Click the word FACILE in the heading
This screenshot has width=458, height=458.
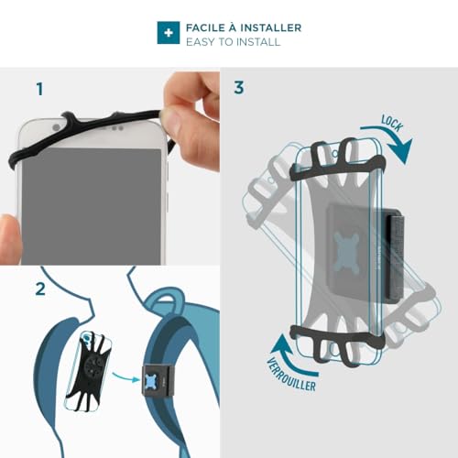pyautogui.click(x=207, y=27)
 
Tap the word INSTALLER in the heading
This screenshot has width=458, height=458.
pyautogui.click(x=270, y=27)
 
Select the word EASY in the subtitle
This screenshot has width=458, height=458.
pyautogui.click(x=201, y=42)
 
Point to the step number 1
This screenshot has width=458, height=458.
pyautogui.click(x=39, y=89)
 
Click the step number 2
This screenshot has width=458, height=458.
pyautogui.click(x=39, y=289)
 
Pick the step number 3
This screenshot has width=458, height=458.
pyautogui.click(x=239, y=88)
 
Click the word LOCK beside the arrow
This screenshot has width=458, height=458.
pyautogui.click(x=392, y=123)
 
